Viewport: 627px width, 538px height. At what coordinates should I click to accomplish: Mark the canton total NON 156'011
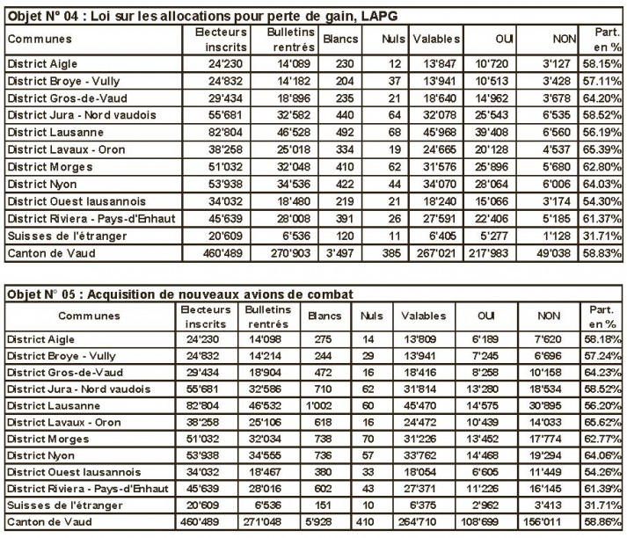[x=566, y=523]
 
